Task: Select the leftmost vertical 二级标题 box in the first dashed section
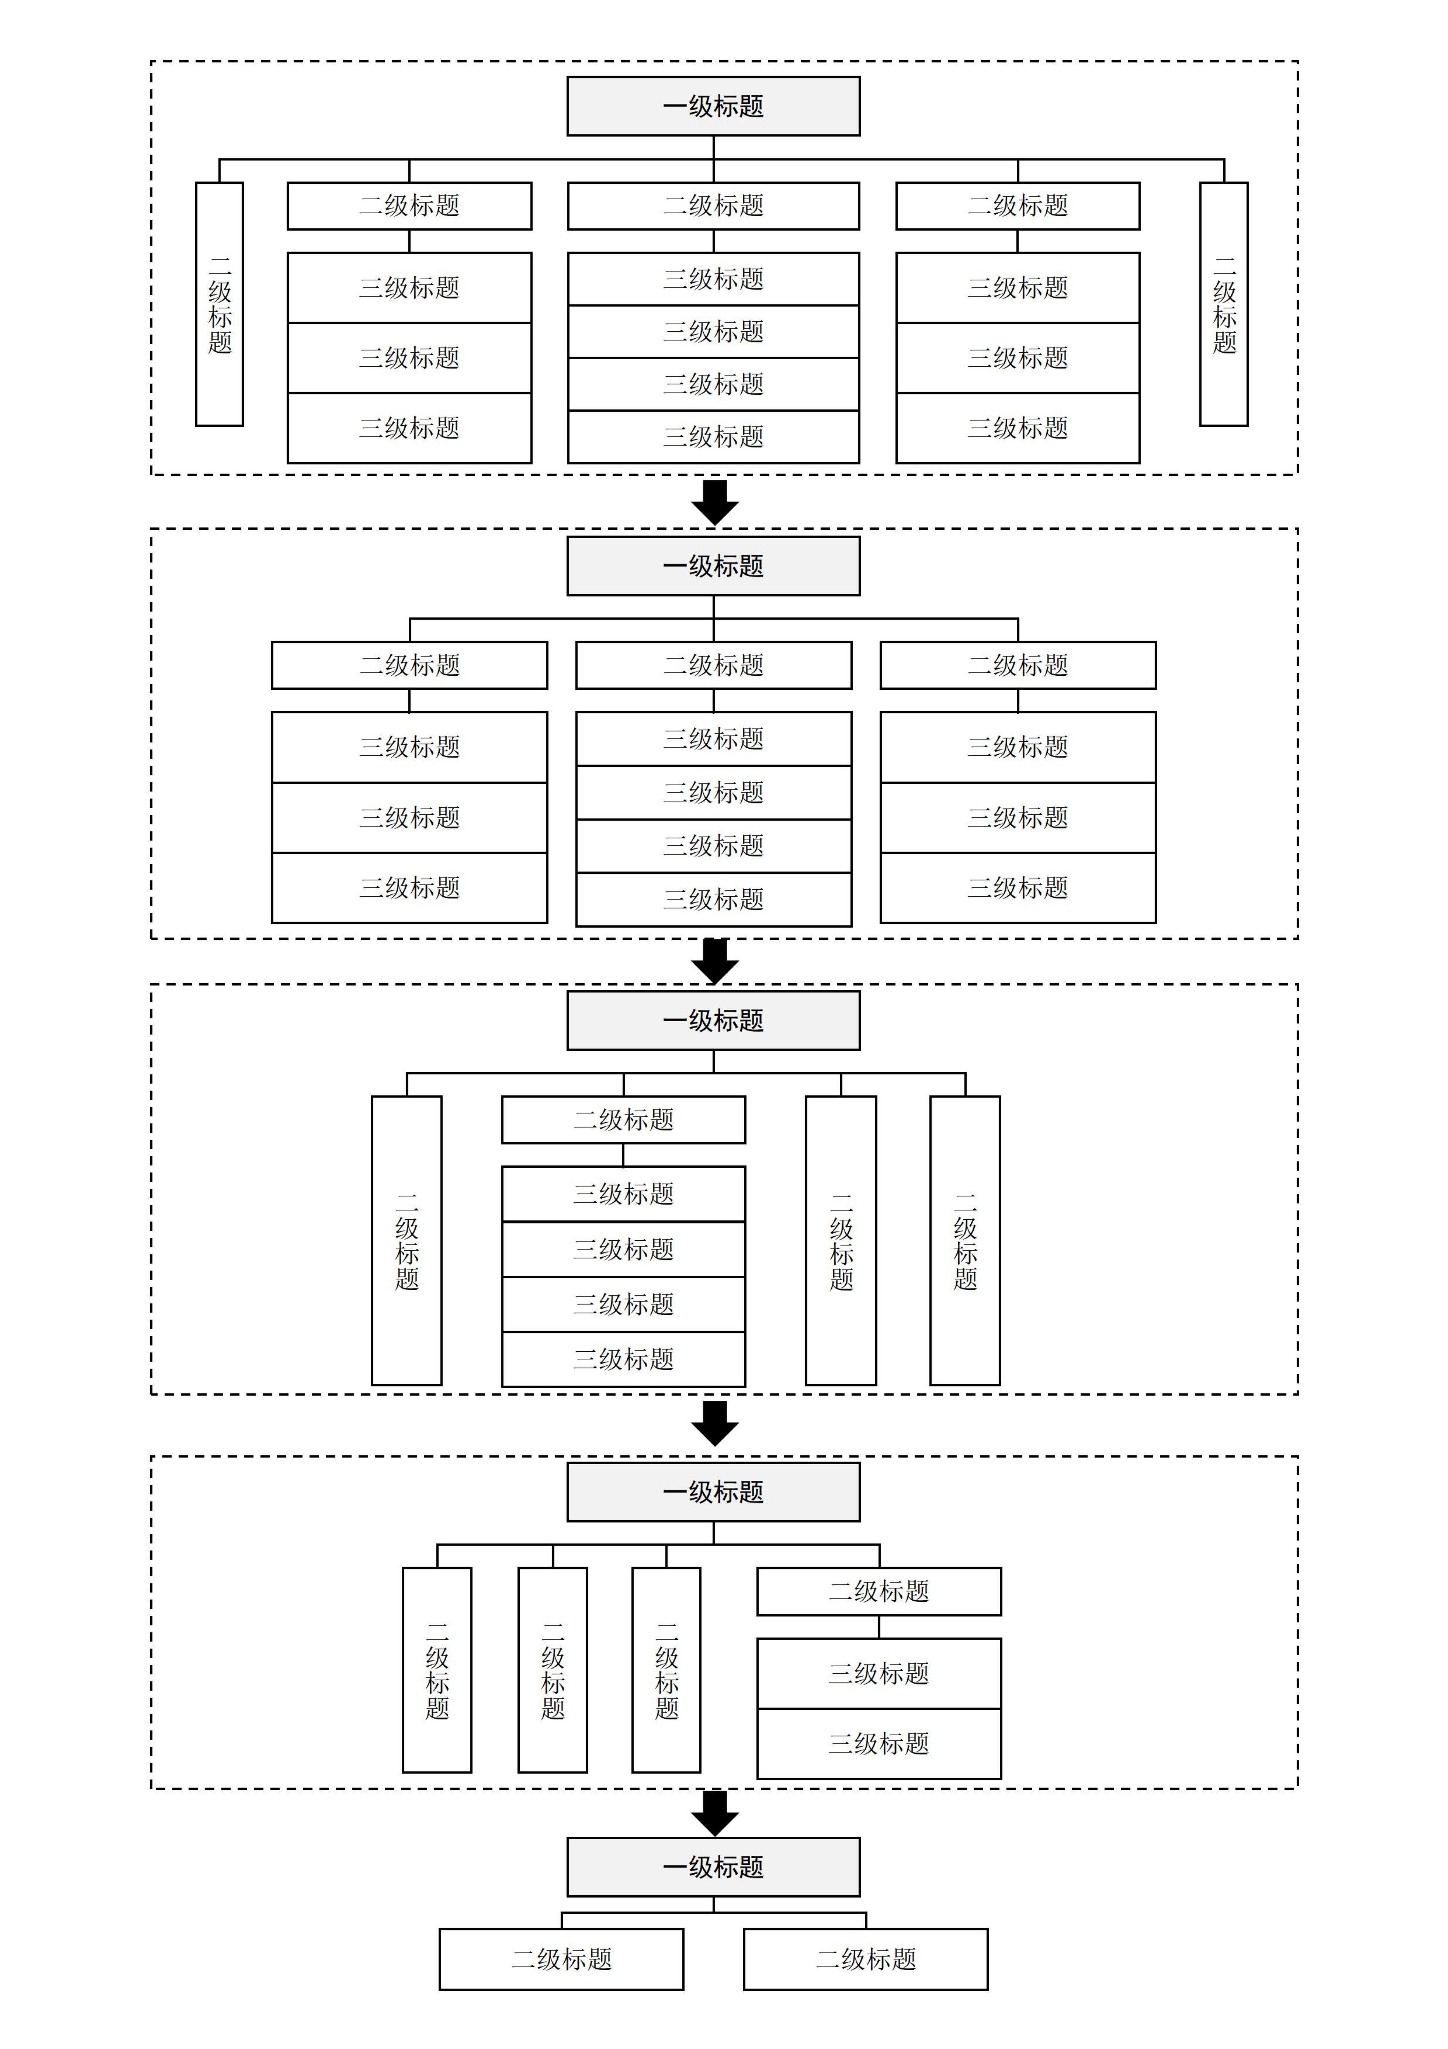220,304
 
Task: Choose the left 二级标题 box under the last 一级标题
561,1959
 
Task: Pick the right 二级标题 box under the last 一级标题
865,1959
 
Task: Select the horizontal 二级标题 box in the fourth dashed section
879,1591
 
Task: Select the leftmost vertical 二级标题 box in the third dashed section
407,1240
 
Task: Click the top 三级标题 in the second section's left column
410,747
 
